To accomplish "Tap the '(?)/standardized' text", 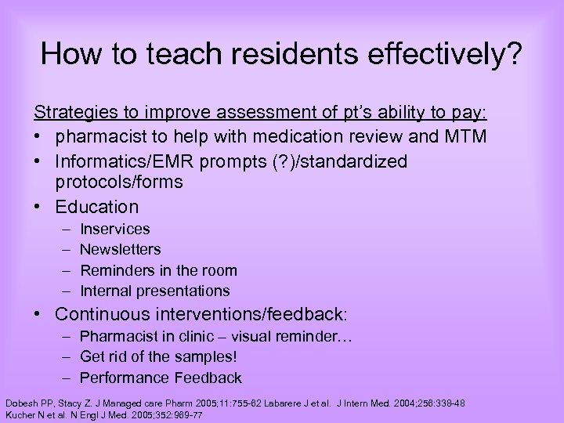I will coord(338,161).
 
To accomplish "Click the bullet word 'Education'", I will coord(96,207).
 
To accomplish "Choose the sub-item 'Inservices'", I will coord(115,229).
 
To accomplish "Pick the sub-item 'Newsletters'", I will coord(121,249).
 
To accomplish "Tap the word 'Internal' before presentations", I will coord(106,291).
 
